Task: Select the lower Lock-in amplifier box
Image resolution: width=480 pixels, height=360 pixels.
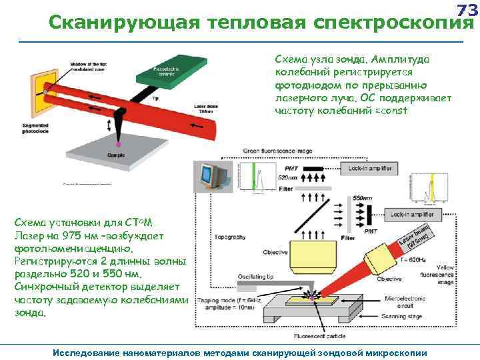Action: coord(413,215)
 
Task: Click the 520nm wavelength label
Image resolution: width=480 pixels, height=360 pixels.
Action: coord(287,179)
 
